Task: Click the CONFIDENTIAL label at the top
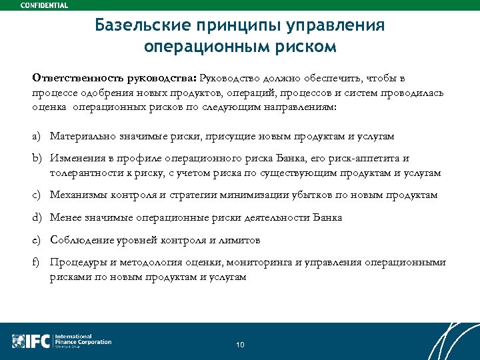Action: coord(44,5)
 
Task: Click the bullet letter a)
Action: coord(37,136)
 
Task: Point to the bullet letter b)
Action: coord(37,159)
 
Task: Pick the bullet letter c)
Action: coord(37,195)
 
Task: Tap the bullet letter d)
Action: coord(37,217)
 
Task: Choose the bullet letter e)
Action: coord(37,239)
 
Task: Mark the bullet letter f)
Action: coord(37,262)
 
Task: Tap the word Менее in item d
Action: coord(65,217)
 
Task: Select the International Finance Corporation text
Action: coord(83,340)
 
